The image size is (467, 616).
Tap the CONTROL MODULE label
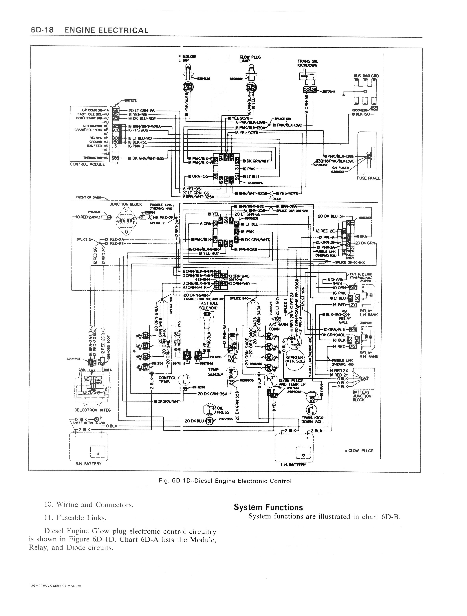point(87,164)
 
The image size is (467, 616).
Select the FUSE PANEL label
point(368,178)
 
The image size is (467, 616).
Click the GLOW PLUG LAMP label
point(250,59)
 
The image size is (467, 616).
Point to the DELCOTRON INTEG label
point(93,410)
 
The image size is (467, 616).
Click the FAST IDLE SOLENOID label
point(208,305)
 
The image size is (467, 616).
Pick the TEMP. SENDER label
point(215,372)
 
